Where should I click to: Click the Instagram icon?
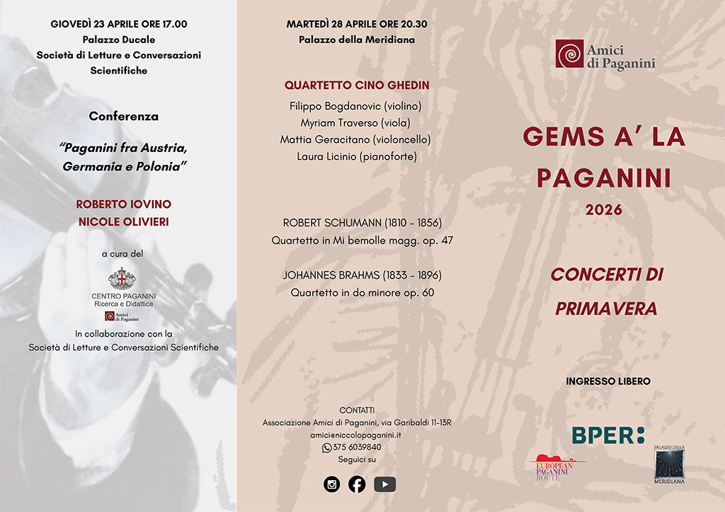coord(331,484)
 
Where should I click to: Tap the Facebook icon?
coord(357,484)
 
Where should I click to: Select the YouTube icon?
coord(384,484)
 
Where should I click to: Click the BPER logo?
coord(608,435)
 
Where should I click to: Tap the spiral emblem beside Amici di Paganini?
coord(569,54)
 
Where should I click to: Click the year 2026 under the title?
coord(604,210)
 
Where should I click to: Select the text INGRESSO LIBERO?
coord(608,382)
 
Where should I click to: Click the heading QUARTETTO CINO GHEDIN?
coord(357,86)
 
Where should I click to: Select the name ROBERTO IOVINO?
coord(124,204)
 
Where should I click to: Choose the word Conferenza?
coord(124,116)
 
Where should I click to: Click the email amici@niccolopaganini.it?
coord(357,436)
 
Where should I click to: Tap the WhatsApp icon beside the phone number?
coord(326,448)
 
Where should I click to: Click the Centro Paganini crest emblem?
coord(123,279)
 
